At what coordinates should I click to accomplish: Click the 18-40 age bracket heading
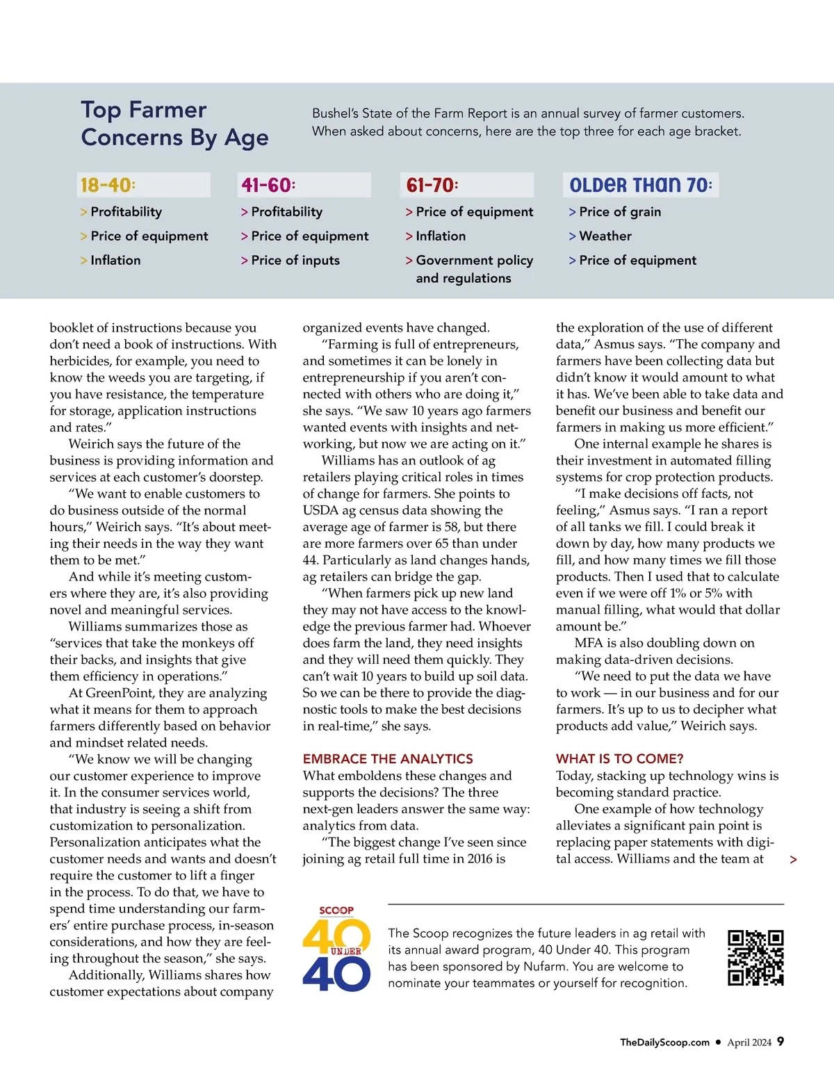click(108, 185)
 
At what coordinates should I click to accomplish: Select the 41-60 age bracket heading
click(269, 185)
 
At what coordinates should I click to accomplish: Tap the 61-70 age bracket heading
click(432, 185)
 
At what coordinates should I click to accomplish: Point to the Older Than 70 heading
click(640, 185)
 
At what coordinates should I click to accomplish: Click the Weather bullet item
click(605, 236)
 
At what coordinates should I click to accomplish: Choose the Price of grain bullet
click(619, 212)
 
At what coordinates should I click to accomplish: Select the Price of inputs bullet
click(295, 261)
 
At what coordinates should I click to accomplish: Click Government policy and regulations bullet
click(473, 269)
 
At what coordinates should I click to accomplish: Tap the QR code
click(755, 958)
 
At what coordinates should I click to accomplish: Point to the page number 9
click(780, 1041)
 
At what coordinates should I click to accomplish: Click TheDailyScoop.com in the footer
click(664, 1042)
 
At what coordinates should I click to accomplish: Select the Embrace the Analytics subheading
click(388, 759)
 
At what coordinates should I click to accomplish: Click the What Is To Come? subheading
click(619, 759)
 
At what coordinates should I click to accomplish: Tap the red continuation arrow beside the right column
click(793, 860)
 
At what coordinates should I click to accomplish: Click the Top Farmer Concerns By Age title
click(174, 124)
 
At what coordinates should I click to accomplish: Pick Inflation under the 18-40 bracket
click(115, 261)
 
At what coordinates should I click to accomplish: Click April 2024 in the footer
click(749, 1042)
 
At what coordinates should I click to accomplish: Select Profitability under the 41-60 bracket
click(286, 212)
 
